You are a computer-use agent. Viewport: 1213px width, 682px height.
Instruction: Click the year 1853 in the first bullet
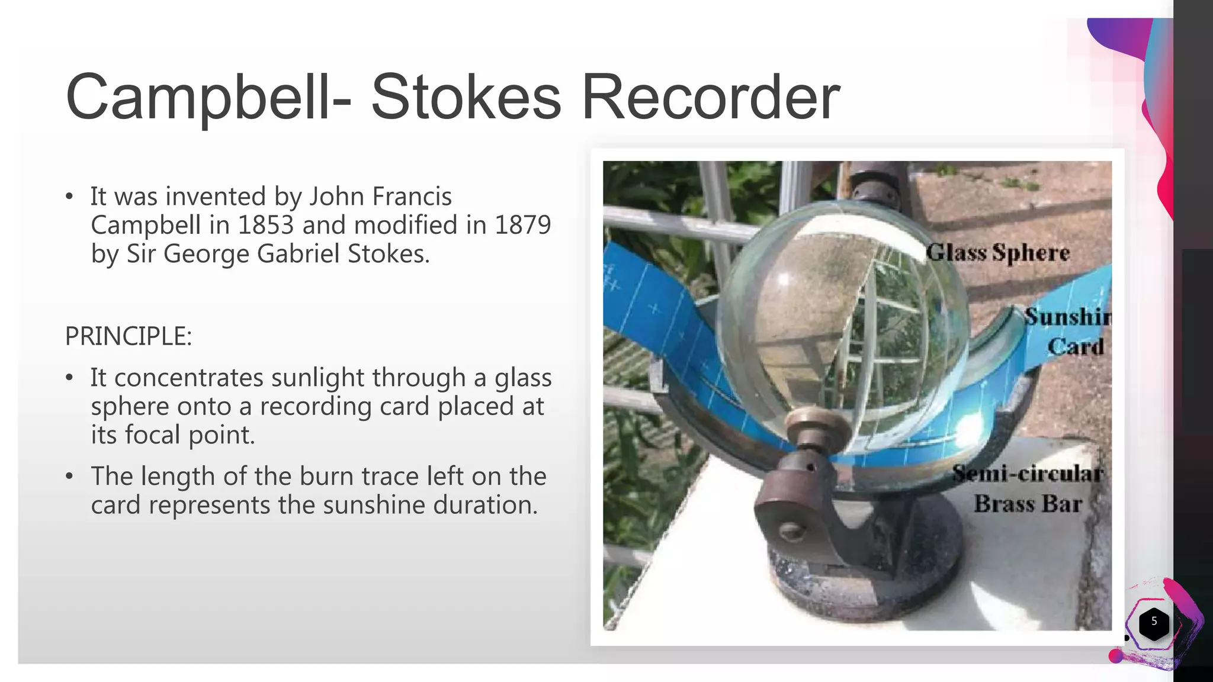click(265, 225)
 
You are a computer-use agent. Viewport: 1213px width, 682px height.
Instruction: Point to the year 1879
click(522, 225)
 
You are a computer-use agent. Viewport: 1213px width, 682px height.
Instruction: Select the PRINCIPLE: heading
click(129, 336)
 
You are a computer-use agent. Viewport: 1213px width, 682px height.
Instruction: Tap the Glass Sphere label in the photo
click(998, 253)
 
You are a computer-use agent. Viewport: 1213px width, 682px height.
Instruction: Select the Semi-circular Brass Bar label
click(1028, 488)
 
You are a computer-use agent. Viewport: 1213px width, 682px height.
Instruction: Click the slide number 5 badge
click(1153, 622)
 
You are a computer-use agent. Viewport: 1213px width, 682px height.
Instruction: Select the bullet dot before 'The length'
click(70, 477)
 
